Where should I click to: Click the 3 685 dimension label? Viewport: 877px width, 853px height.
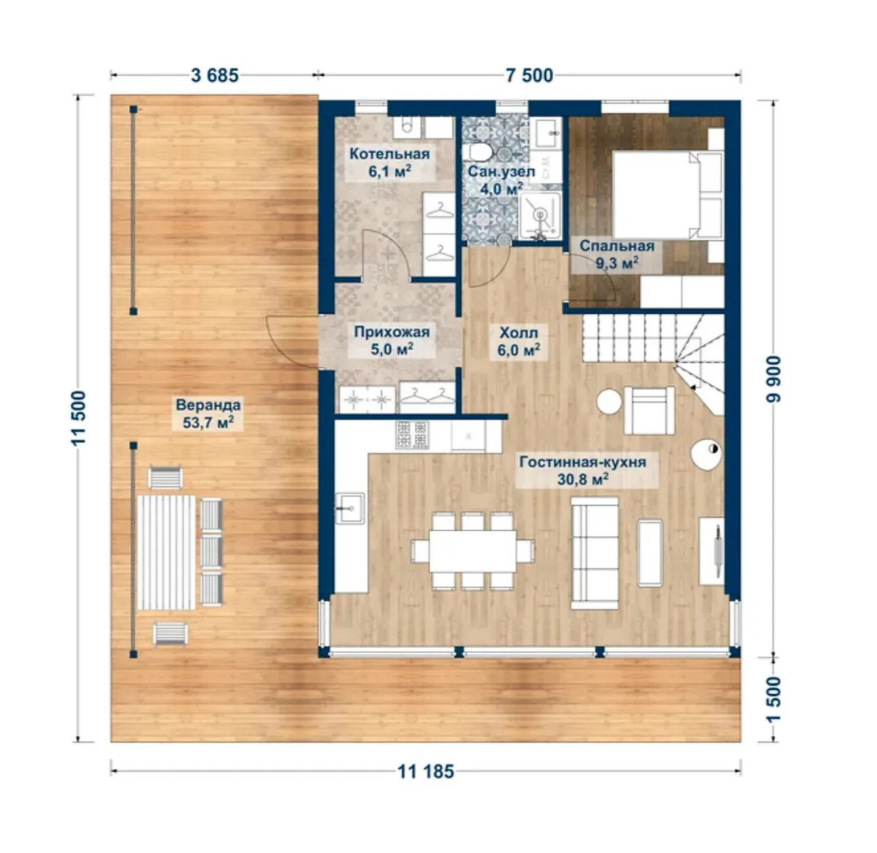[x=214, y=75]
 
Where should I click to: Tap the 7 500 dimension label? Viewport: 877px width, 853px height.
[x=529, y=75]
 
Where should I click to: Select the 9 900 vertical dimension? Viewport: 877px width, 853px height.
[x=773, y=379]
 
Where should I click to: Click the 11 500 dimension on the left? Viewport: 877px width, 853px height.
[x=79, y=418]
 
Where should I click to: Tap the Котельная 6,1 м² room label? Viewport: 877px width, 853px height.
[x=389, y=162]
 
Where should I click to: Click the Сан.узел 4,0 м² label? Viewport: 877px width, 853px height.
[x=501, y=180]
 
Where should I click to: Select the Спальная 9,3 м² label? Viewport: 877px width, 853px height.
[x=617, y=255]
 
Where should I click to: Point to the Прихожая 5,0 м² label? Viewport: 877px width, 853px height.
[x=391, y=341]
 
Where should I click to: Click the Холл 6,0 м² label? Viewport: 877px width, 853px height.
[x=518, y=341]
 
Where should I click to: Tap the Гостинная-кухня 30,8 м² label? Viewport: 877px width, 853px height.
[x=583, y=470]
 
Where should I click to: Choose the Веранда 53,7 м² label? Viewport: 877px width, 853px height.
[x=208, y=413]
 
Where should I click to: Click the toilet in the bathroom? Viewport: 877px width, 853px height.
[x=477, y=152]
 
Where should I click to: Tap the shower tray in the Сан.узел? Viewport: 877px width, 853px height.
[x=539, y=215]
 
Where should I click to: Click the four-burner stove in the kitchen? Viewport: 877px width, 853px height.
[x=412, y=435]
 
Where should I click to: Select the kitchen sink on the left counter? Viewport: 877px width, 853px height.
[x=350, y=509]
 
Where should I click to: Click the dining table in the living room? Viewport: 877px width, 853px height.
[x=473, y=551]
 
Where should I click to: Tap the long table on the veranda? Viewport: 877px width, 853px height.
[x=166, y=552]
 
